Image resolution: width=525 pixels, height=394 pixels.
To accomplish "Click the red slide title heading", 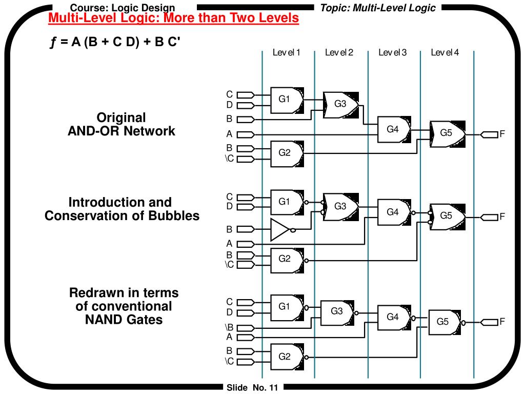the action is (x=173, y=18).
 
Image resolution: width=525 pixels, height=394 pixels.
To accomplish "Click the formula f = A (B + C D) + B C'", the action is (x=115, y=42).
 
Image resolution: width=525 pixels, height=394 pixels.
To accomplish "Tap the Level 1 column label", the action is (x=286, y=53).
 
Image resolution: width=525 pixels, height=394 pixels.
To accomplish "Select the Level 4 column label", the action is (x=445, y=53).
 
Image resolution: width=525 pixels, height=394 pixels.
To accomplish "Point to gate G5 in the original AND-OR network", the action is (x=447, y=134).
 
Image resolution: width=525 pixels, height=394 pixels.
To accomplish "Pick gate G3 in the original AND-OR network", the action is (x=340, y=105).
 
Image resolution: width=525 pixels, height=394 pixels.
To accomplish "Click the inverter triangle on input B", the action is (x=280, y=230).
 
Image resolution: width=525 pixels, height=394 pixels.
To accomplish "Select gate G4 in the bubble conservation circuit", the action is (x=394, y=212).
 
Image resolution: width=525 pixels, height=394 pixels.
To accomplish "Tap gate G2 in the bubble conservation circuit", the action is (x=287, y=260).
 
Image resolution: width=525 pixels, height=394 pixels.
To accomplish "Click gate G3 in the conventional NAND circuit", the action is (x=337, y=313).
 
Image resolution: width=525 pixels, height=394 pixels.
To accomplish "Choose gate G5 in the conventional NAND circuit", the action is (x=445, y=323).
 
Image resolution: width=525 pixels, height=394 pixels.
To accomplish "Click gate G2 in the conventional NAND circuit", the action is (x=287, y=357).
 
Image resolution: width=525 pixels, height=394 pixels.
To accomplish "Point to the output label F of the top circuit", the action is (x=502, y=134).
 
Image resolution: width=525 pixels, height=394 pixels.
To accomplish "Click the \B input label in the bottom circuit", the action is (x=229, y=327).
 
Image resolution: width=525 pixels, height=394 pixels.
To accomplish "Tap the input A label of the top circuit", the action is (x=229, y=134).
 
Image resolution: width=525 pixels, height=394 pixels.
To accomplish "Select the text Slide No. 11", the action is (x=252, y=388).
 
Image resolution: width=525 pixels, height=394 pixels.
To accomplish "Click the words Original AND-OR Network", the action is (x=121, y=124).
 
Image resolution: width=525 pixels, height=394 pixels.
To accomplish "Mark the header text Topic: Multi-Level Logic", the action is (x=378, y=8).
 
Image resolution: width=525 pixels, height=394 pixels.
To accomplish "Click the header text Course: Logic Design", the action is (x=123, y=8).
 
